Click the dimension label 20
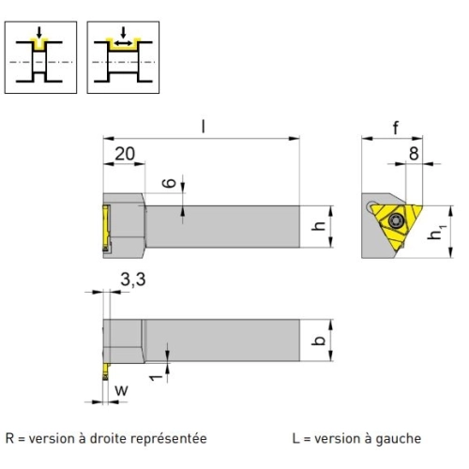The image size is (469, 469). click(x=125, y=154)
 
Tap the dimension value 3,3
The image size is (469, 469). click(x=133, y=280)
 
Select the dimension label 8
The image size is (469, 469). click(x=414, y=154)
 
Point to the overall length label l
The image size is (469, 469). click(x=204, y=127)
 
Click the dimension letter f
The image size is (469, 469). click(x=396, y=128)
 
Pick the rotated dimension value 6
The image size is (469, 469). click(x=170, y=183)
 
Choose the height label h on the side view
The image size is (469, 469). click(x=319, y=226)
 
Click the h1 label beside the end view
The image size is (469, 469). click(x=436, y=232)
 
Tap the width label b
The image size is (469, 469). click(x=319, y=340)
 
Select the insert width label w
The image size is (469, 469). click(x=121, y=390)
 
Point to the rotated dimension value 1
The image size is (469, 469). click(x=156, y=377)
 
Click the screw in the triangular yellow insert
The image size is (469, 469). click(x=396, y=220)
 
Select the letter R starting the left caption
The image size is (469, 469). click(x=9, y=438)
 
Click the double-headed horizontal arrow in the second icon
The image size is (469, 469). click(x=123, y=43)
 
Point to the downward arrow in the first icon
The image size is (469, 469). click(x=38, y=33)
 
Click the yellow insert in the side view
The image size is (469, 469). click(x=106, y=228)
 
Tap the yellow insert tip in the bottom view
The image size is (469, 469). click(x=106, y=371)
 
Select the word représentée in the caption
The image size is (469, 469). click(x=169, y=439)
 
